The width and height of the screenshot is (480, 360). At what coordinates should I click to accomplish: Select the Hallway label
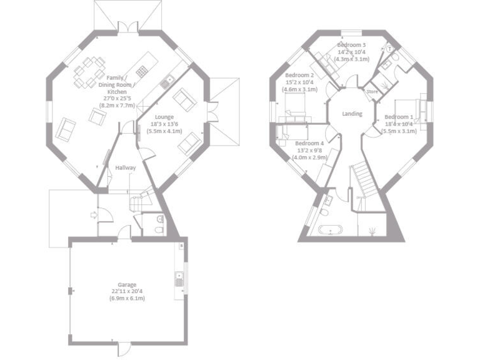click(x=126, y=167)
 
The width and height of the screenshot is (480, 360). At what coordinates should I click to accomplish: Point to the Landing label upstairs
click(x=352, y=114)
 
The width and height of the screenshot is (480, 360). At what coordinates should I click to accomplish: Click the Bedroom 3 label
click(x=351, y=46)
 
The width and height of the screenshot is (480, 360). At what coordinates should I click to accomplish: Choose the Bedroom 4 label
click(x=309, y=142)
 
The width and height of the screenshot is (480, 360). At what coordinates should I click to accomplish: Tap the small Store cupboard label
click(x=372, y=92)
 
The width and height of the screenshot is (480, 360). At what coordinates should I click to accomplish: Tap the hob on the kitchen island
click(x=142, y=67)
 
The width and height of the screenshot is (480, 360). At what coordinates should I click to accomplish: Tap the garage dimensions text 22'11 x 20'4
click(x=127, y=291)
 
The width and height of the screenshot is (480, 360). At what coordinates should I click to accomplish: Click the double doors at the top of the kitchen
click(x=128, y=27)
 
